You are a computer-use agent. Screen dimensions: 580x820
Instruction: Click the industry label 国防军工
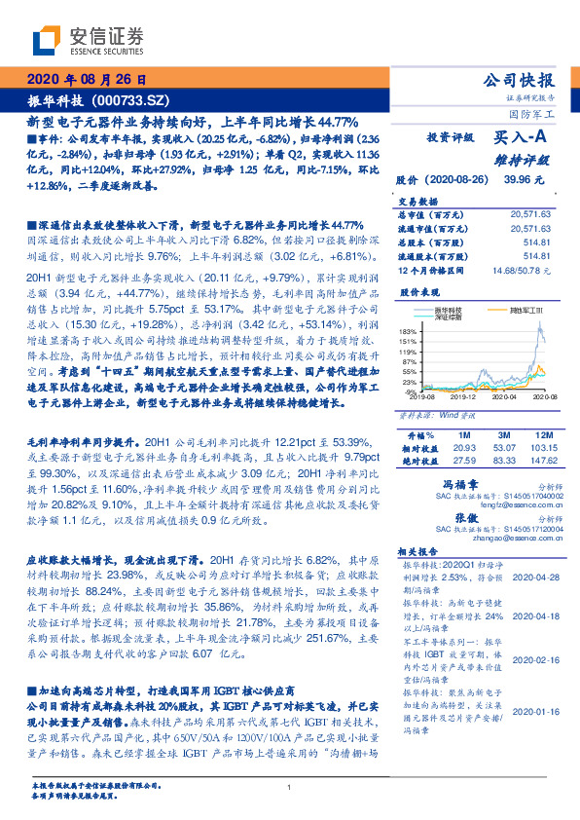(x=532, y=114)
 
